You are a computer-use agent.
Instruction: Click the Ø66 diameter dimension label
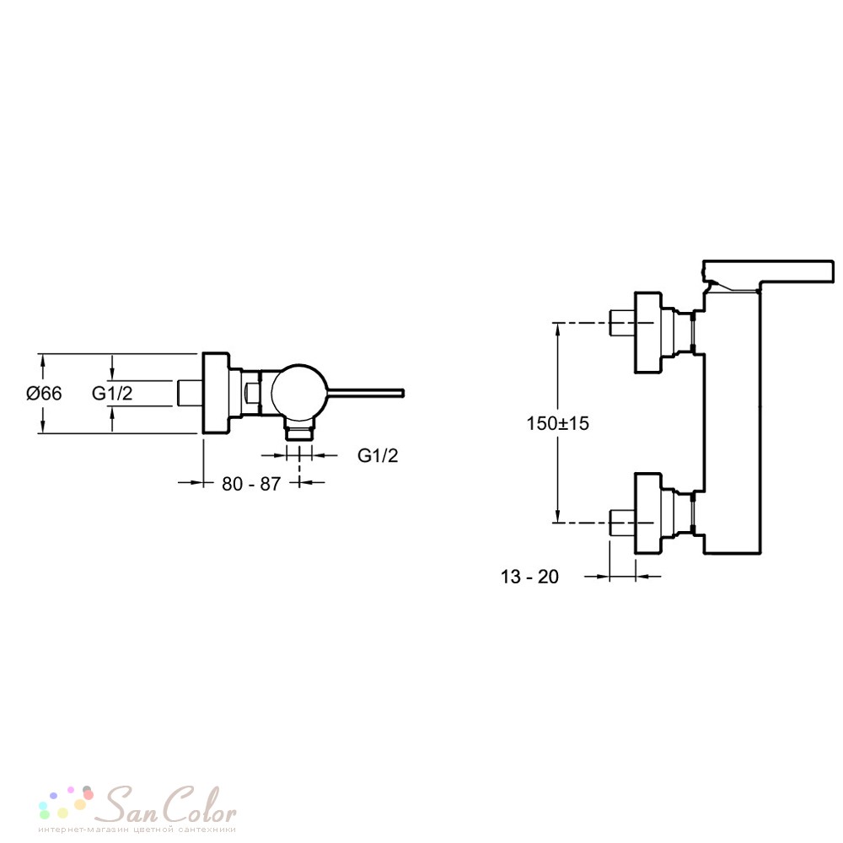click(x=44, y=393)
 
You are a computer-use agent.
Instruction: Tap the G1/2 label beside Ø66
click(x=112, y=393)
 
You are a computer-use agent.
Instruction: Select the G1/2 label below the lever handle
click(x=378, y=455)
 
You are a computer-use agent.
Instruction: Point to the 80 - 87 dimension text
click(x=251, y=484)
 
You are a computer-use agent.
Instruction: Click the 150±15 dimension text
click(x=557, y=423)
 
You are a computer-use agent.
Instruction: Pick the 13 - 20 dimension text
click(x=529, y=577)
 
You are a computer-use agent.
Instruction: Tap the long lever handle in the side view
click(x=366, y=393)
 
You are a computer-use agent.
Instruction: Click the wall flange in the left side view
click(x=216, y=393)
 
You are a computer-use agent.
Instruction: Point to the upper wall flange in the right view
click(x=647, y=332)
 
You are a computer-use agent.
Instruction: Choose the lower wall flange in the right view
click(x=647, y=513)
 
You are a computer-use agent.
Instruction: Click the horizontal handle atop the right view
click(x=769, y=271)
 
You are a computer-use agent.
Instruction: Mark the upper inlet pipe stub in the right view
click(x=622, y=323)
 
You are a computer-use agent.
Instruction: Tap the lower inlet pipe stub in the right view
click(x=622, y=523)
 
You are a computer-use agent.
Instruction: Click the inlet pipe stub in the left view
click(x=190, y=393)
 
